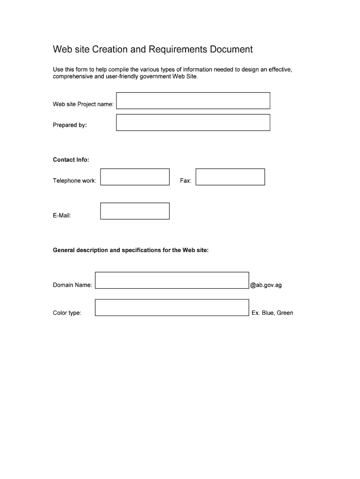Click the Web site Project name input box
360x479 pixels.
193,101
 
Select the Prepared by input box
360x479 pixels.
193,123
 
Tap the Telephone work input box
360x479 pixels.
135,177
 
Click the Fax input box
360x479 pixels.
230,177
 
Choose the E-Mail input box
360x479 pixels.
135,211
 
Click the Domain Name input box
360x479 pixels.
172,280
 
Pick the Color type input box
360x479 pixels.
172,308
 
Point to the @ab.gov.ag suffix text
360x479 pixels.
266,285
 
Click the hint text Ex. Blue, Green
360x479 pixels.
272,313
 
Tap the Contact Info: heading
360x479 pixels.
71,160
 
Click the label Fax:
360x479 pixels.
186,181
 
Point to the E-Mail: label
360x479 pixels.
62,216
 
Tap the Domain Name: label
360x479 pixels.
72,285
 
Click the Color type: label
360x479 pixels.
67,313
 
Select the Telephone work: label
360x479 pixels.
74,181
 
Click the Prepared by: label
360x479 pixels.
70,125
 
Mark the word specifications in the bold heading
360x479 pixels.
141,250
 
